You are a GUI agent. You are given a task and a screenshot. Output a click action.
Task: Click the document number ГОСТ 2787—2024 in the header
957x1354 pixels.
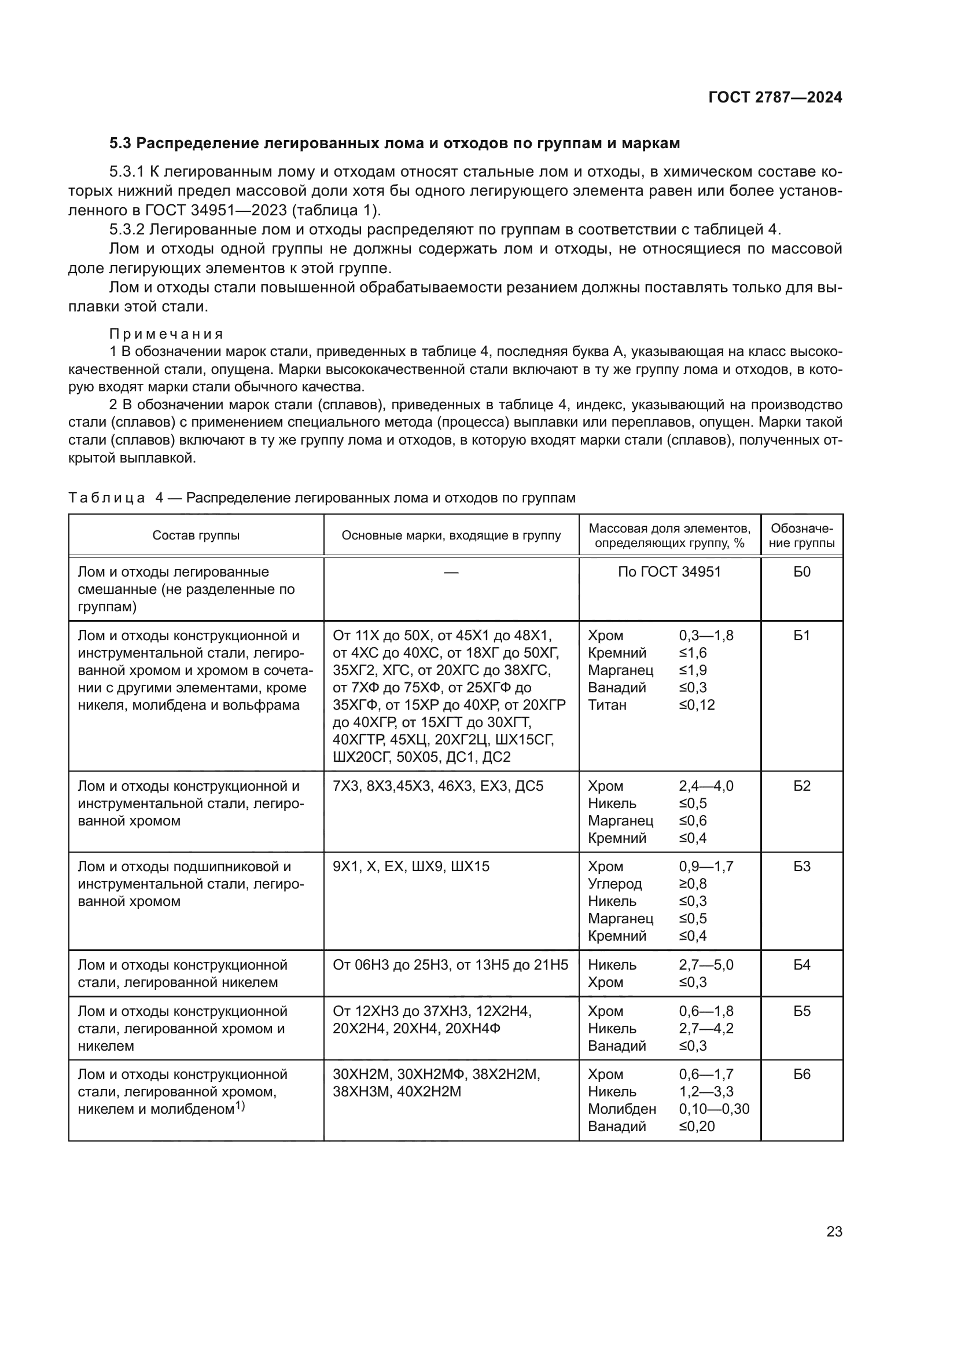(x=775, y=98)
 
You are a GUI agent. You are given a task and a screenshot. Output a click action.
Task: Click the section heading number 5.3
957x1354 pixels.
(x=121, y=144)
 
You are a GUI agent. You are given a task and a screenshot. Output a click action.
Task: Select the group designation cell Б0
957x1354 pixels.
(x=801, y=572)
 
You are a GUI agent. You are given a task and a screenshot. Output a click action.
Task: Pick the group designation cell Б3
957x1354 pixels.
(x=801, y=867)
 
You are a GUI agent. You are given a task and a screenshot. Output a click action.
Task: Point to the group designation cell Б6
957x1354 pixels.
(x=801, y=1074)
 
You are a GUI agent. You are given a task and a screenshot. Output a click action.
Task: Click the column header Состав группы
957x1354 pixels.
(x=196, y=535)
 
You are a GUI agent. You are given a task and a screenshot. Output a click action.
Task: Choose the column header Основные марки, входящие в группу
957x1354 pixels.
(x=451, y=535)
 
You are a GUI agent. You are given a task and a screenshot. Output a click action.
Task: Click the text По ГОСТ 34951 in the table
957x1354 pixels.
(x=669, y=572)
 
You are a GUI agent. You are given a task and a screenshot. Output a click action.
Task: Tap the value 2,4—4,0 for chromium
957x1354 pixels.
(x=706, y=786)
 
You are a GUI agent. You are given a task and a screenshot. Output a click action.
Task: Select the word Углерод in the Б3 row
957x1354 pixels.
(x=614, y=883)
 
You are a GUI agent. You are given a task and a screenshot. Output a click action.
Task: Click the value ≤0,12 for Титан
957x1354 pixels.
(x=697, y=704)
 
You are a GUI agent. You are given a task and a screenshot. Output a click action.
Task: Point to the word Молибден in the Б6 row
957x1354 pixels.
(x=621, y=1109)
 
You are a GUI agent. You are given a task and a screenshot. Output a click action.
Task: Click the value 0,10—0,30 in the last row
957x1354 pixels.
(x=713, y=1109)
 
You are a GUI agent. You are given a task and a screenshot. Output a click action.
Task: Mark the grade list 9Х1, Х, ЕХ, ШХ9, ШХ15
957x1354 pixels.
(x=411, y=867)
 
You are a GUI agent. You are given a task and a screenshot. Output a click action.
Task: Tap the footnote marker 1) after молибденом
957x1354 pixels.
(x=240, y=1106)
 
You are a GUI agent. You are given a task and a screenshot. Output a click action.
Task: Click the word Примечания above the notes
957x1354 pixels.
(x=166, y=335)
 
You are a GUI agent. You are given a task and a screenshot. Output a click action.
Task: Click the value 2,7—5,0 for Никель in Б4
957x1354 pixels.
(x=706, y=965)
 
